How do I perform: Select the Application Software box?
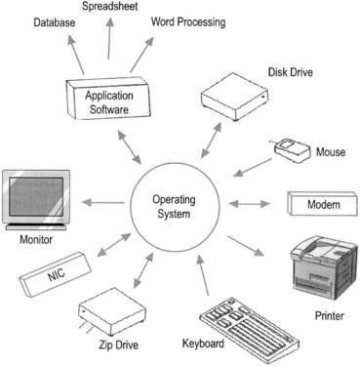pos(109,101)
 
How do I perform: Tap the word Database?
pos(57,22)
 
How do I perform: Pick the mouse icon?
pos(294,148)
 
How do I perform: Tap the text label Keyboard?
pos(204,345)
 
